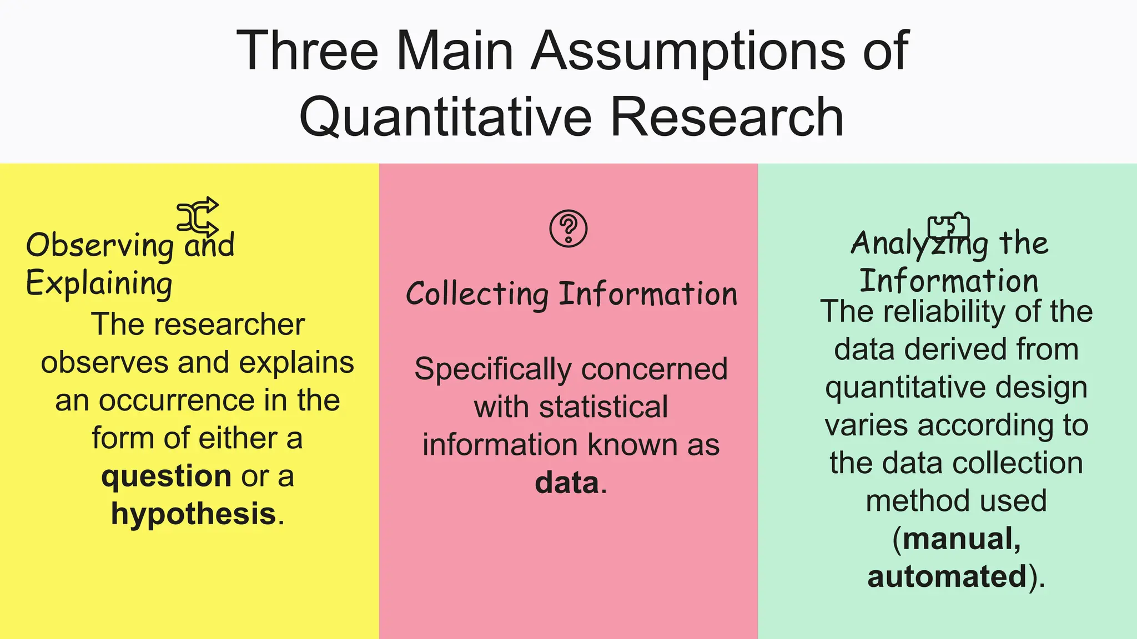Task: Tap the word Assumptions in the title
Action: tap(689, 51)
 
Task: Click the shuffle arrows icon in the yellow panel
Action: tap(198, 216)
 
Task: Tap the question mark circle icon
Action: tap(568, 228)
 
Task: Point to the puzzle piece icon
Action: tap(948, 225)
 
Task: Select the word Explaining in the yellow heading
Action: tap(99, 284)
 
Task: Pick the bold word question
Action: tap(166, 476)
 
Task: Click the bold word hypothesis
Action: tap(193, 514)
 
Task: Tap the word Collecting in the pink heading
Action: tap(477, 294)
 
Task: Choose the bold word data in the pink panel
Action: tap(567, 483)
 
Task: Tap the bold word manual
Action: tap(961, 539)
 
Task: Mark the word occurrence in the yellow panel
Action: tap(177, 400)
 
